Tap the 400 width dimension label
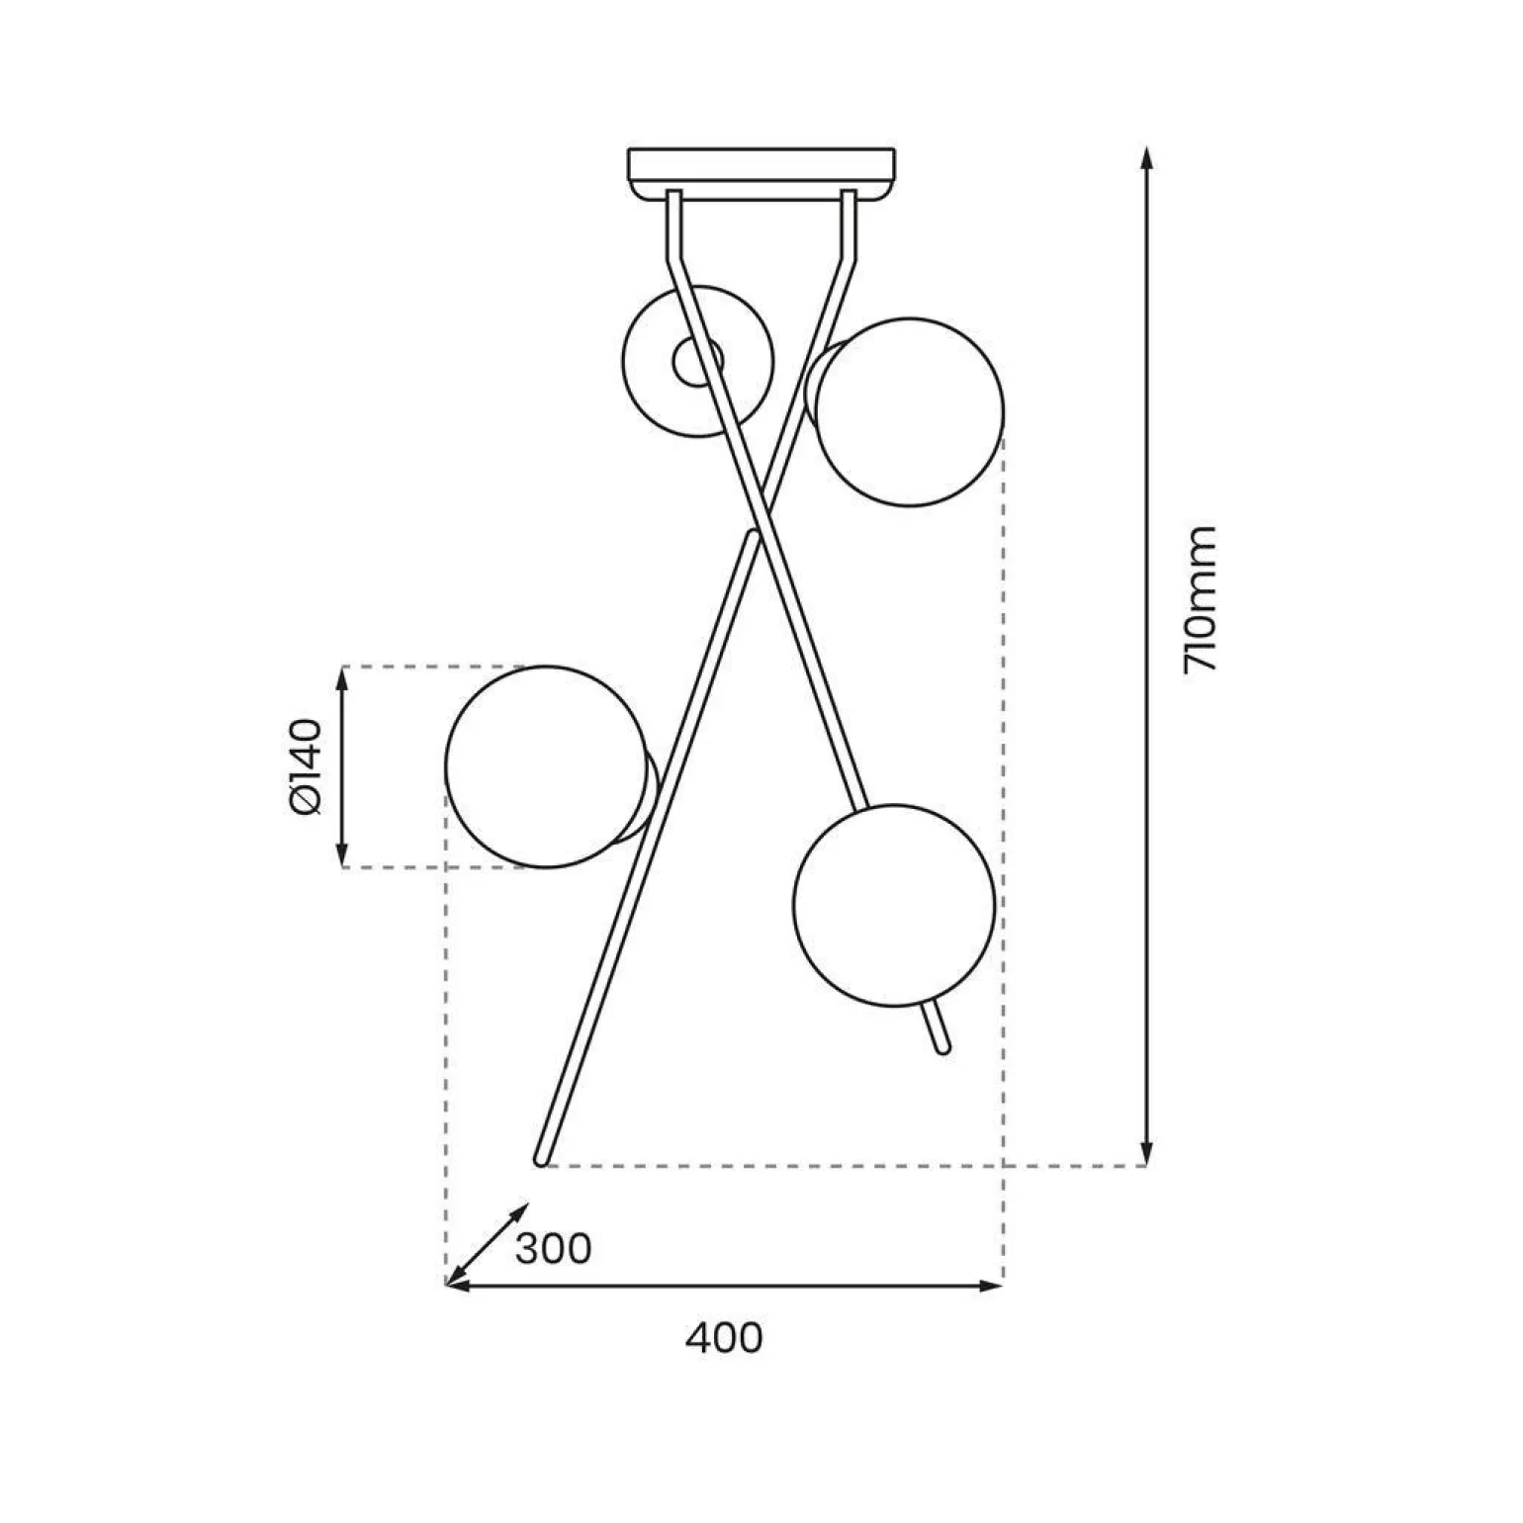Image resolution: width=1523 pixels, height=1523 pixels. (x=724, y=1338)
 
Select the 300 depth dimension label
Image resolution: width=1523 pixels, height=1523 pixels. (x=553, y=1249)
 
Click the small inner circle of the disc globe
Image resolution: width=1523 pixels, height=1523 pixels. (x=696, y=362)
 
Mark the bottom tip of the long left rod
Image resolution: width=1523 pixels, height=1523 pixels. (x=541, y=1159)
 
